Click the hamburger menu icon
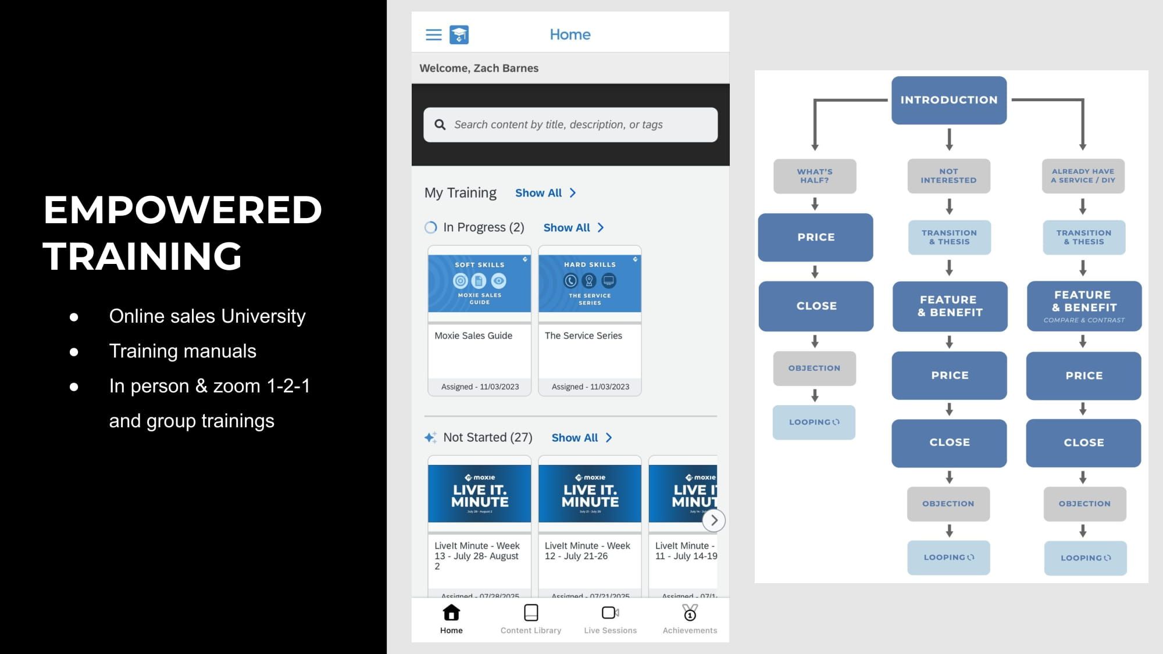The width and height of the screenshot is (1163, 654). pos(433,35)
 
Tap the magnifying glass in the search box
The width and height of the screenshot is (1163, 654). pos(440,124)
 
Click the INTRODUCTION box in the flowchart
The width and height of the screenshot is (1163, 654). pos(949,100)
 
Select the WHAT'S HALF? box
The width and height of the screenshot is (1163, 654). pos(815,176)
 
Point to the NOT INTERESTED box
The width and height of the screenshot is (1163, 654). pos(948,176)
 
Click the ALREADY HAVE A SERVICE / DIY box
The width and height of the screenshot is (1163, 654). pos(1083,176)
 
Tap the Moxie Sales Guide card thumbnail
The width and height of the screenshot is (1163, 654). pos(479,284)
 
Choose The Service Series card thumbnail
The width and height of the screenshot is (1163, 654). pos(590,284)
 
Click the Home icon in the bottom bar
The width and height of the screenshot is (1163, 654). pos(451,613)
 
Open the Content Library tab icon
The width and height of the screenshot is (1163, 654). pos(531,613)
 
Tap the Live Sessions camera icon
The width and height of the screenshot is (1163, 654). pos(610,613)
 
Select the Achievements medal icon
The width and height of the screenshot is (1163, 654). pos(690,613)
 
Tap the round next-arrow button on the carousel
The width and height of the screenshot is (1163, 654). pos(714,520)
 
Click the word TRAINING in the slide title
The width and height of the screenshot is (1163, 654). pos(142,256)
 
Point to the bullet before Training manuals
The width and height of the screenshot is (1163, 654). pos(74,352)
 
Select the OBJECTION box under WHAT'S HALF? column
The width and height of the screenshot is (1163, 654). pos(814,368)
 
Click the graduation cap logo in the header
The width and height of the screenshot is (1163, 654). pos(459,35)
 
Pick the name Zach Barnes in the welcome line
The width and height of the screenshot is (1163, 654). pos(506,68)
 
